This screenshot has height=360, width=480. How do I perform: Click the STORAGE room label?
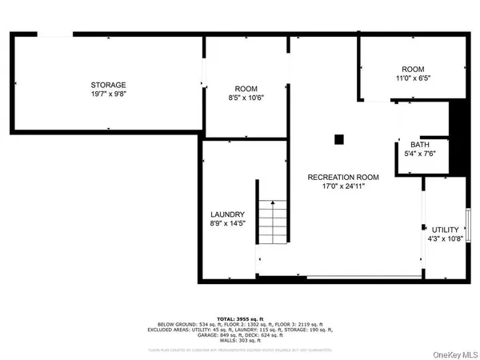(x=109, y=85)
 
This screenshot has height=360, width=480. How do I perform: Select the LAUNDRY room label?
(x=227, y=214)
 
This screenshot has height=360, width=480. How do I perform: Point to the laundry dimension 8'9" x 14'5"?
(x=227, y=225)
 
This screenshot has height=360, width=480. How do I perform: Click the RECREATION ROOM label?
(x=344, y=177)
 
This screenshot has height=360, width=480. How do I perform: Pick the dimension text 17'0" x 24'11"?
(x=344, y=187)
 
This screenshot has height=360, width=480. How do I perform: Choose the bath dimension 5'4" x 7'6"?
(x=419, y=154)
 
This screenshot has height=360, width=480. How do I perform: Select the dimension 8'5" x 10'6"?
(x=246, y=98)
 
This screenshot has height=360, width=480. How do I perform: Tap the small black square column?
(x=338, y=139)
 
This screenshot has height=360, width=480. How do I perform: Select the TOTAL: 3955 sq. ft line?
(x=240, y=318)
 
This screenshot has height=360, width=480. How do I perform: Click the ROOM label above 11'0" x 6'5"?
(x=414, y=70)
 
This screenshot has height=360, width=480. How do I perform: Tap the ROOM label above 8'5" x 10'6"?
(x=246, y=88)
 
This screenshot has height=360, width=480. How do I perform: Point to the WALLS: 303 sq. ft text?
(x=240, y=341)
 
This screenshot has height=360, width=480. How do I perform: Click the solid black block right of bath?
(x=458, y=140)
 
